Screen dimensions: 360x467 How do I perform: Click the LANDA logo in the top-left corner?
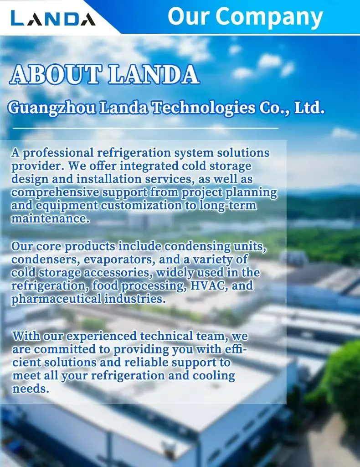pyautogui.click(x=53, y=18)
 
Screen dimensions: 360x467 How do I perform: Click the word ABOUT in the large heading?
pyautogui.click(x=55, y=74)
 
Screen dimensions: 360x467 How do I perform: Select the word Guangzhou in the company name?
pyautogui.click(x=52, y=108)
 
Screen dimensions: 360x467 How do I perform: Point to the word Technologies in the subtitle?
pyautogui.click(x=204, y=108)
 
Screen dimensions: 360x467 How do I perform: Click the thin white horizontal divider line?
pyautogui.click(x=145, y=128)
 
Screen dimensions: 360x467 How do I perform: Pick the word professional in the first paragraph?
pyautogui.click(x=58, y=153)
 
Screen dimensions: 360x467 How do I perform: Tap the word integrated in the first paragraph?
pyautogui.click(x=149, y=166)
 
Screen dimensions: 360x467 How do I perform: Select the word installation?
pyautogui.click(x=109, y=179)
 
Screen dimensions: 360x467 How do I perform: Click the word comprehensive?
pyautogui.click(x=55, y=192)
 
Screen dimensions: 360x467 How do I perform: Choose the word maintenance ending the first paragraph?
pyautogui.click(x=50, y=218)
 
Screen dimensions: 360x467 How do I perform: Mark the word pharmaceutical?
pyautogui.click(x=56, y=299)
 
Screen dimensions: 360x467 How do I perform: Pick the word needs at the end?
pyautogui.click(x=30, y=389)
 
